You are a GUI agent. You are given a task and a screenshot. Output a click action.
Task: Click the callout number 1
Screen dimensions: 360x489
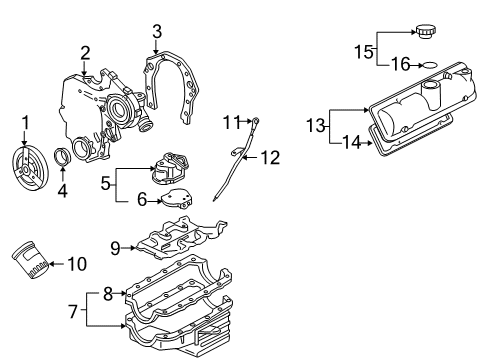(x=26, y=123)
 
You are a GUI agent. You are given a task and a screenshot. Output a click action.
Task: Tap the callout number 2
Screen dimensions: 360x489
(x=86, y=52)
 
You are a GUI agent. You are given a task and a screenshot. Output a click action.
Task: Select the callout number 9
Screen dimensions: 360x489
(x=115, y=247)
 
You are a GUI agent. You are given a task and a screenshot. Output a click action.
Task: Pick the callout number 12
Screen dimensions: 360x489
(x=269, y=157)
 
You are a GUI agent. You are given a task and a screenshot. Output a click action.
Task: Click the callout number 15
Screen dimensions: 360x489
(x=365, y=48)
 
